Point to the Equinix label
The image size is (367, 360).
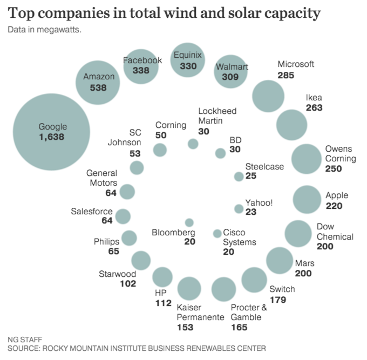pyautogui.click(x=187, y=55)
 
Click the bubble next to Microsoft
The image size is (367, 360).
pyautogui.click(x=268, y=96)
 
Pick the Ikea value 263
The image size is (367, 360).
pyautogui.click(x=314, y=107)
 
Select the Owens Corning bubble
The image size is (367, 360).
pyautogui.click(x=307, y=159)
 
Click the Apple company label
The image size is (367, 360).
pyautogui.click(x=337, y=195)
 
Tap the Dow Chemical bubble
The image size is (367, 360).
pyautogui.click(x=298, y=233)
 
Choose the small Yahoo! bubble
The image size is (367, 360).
pyautogui.click(x=239, y=208)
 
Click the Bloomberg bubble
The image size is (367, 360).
pyautogui.click(x=189, y=222)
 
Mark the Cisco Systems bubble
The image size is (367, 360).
pyautogui.click(x=217, y=233)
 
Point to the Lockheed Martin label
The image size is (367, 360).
pyautogui.click(x=217, y=116)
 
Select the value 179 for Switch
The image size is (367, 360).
pyautogui.click(x=278, y=299)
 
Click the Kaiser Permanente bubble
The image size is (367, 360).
pyautogui.click(x=189, y=289)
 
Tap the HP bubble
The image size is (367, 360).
pyautogui.click(x=162, y=277)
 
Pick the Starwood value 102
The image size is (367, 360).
pyautogui.click(x=127, y=284)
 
